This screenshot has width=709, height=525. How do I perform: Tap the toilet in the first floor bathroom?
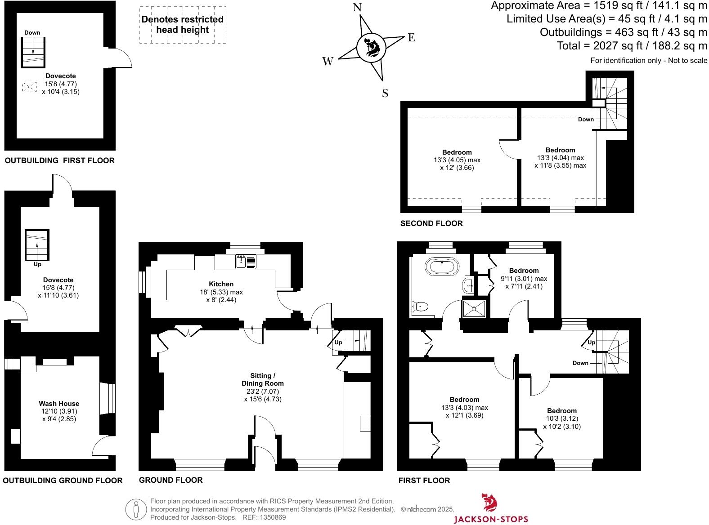tap(420, 307)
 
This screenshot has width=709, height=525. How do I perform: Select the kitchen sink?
tap(246, 262)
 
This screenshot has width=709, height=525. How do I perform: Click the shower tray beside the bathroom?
tap(474, 308)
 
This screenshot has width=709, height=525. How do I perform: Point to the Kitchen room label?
tap(221, 284)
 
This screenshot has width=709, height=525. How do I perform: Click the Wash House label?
tap(59, 404)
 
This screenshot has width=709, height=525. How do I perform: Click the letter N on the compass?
tap(357, 8)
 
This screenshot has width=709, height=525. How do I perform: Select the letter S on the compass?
tap(385, 93)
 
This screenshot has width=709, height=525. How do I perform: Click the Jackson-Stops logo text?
tap(490, 519)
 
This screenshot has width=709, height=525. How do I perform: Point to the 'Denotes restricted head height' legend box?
tap(182, 25)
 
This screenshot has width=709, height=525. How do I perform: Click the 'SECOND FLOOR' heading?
tap(431, 223)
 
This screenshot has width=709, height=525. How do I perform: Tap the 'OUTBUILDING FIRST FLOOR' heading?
tap(59, 160)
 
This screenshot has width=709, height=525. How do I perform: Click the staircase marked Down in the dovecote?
tap(33, 52)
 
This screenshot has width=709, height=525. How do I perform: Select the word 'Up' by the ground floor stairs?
tap(338, 343)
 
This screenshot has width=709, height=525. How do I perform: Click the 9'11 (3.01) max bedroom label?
tap(524, 278)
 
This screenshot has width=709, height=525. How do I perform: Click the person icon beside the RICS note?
tap(136, 509)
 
